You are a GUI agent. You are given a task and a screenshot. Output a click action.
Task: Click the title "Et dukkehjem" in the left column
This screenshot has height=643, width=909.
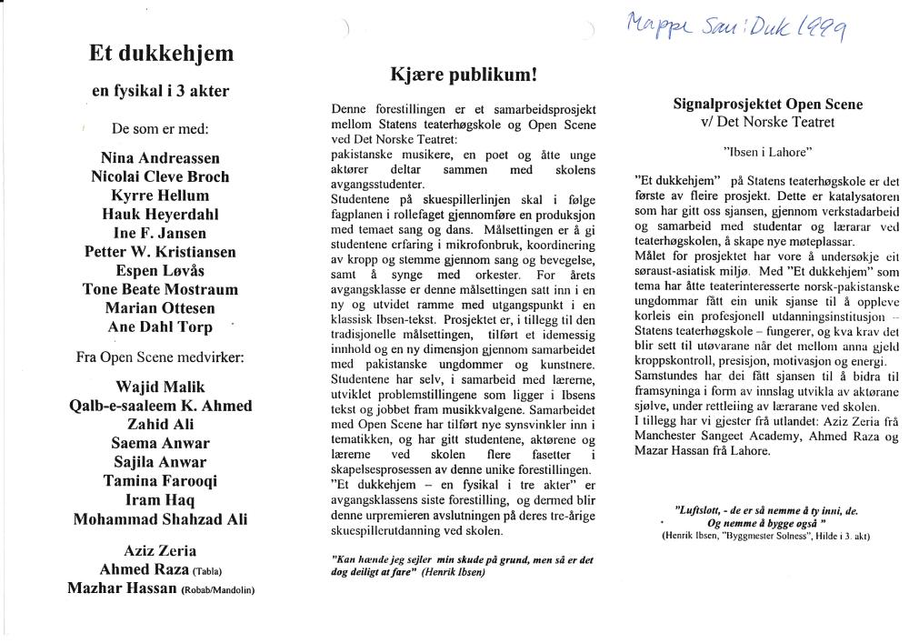pos(161,54)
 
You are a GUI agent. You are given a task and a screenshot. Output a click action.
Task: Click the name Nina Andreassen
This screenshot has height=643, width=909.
pos(160,157)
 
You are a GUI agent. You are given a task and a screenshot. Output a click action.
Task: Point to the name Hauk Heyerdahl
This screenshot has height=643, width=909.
pos(160,214)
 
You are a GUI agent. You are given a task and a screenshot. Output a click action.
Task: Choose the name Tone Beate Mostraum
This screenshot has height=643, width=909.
pos(160,289)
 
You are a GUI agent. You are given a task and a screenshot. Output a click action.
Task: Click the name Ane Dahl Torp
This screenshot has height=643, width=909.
pos(160,327)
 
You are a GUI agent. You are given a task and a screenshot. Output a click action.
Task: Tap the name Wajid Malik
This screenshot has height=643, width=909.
pos(160,387)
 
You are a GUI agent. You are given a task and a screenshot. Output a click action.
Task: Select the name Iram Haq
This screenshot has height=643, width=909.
pos(160,500)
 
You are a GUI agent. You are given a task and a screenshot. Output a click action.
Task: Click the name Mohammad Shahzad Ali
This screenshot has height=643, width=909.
pos(160,519)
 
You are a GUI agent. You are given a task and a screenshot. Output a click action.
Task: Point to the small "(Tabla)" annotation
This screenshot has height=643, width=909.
pos(208,572)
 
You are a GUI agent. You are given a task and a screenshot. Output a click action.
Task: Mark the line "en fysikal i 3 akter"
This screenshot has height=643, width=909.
pos(161,91)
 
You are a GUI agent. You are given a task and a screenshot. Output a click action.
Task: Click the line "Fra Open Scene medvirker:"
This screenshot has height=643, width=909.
pos(160,357)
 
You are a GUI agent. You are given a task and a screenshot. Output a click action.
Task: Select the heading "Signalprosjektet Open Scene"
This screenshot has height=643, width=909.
pos(768,105)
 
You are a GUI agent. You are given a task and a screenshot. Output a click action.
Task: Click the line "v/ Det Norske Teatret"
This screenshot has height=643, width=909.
pos(768,122)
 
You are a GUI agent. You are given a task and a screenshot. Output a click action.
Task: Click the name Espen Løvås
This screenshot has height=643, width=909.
pos(160,270)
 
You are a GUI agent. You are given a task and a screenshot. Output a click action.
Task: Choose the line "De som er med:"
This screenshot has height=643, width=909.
pos(160,128)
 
